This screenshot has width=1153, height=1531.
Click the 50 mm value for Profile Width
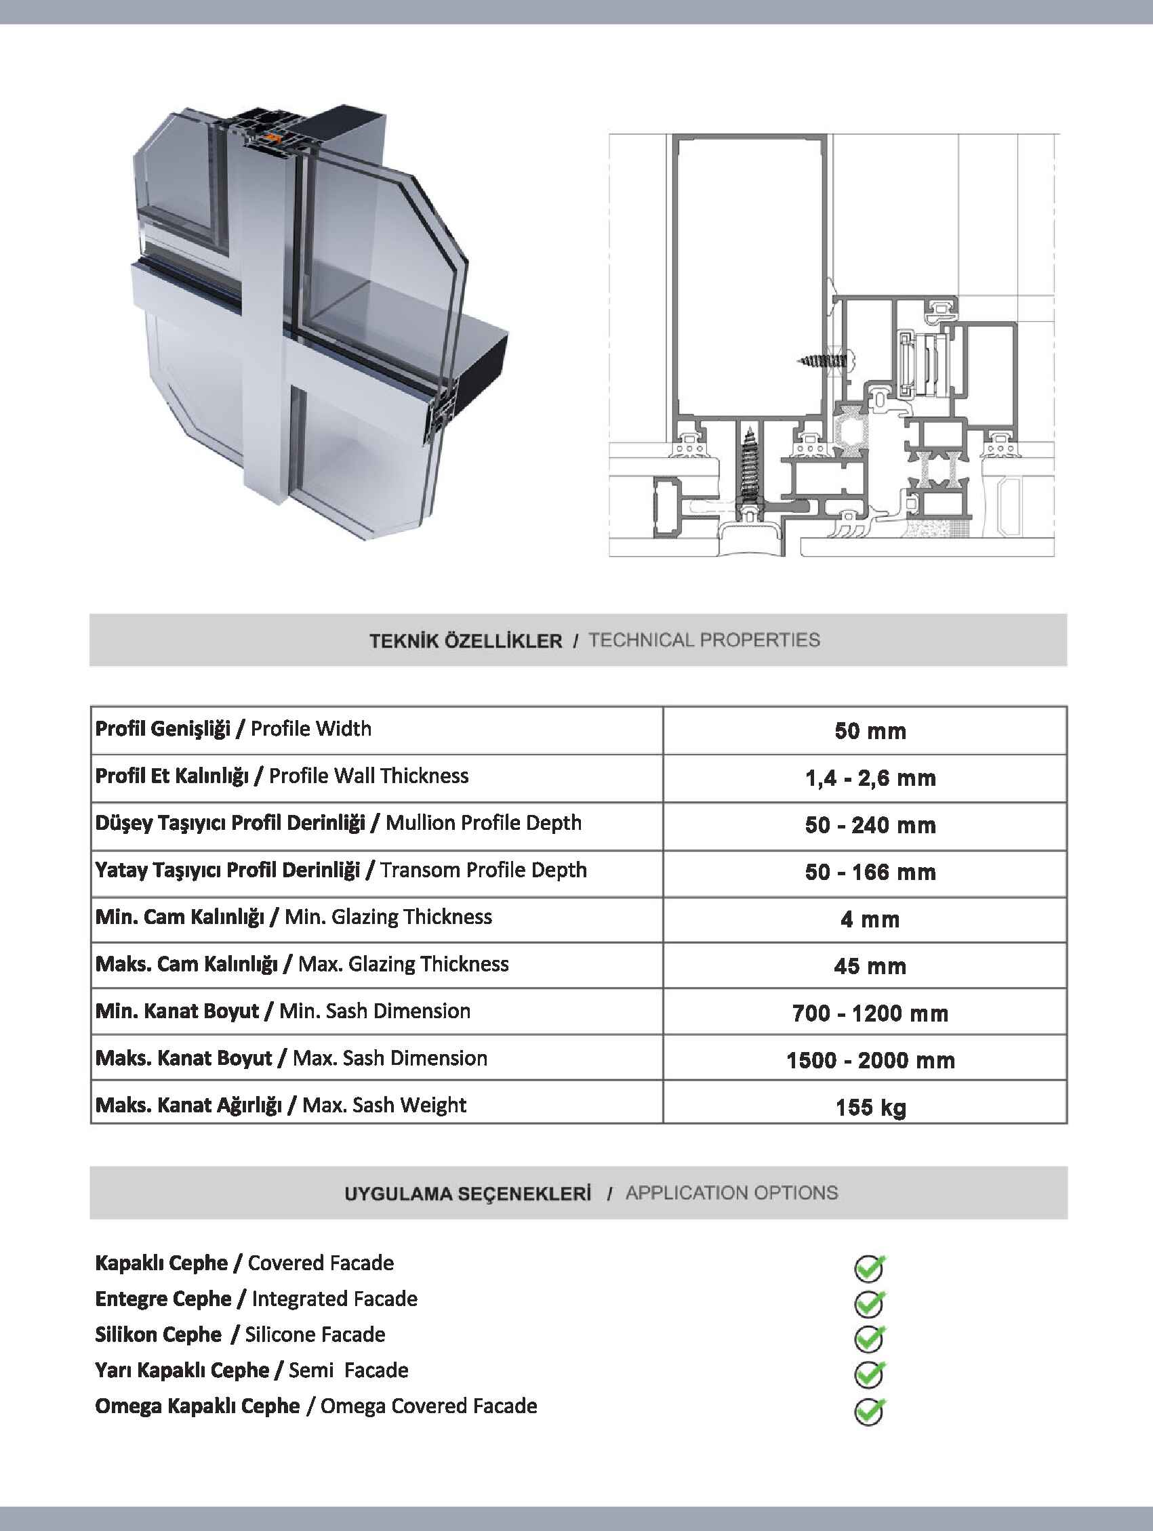pyautogui.click(x=870, y=731)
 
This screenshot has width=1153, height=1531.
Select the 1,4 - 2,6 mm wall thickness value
pyautogui.click(x=870, y=778)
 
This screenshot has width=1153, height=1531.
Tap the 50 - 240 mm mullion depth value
pyautogui.click(x=870, y=825)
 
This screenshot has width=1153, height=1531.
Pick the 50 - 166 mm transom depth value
pyautogui.click(x=870, y=872)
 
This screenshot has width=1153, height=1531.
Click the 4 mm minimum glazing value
pyautogui.click(x=870, y=919)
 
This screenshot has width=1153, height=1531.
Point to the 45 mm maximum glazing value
pyautogui.click(x=870, y=966)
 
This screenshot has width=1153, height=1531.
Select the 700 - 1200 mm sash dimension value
pyautogui.click(x=870, y=1013)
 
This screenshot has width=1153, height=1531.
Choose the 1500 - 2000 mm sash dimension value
pyautogui.click(x=870, y=1060)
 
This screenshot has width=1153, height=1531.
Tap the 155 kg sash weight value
pyautogui.click(x=870, y=1108)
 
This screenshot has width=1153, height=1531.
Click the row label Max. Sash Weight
pyautogui.click(x=384, y=1106)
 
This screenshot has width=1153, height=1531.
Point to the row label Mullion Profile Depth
pyautogui.click(x=483, y=823)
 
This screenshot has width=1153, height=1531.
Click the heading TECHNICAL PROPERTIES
pyautogui.click(x=704, y=640)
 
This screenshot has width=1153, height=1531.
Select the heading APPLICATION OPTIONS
pyautogui.click(x=731, y=1193)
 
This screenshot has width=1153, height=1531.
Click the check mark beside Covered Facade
pyautogui.click(x=869, y=1267)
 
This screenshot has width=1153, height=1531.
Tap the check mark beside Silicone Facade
pyautogui.click(x=869, y=1339)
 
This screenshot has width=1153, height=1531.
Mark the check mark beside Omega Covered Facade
pyautogui.click(x=869, y=1410)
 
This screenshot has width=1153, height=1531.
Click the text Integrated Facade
pyautogui.click(x=334, y=1299)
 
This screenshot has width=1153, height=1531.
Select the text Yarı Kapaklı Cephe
pyautogui.click(x=182, y=1370)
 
